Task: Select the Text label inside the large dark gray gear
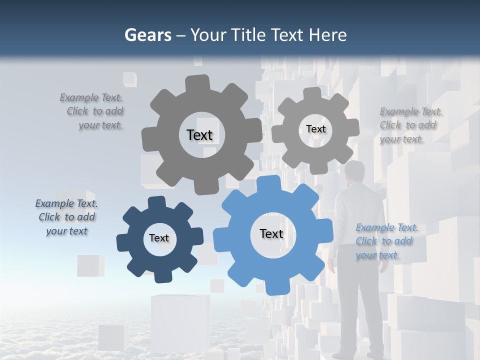(x=199, y=135)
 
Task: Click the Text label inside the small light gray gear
(x=315, y=129)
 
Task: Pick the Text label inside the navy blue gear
(x=159, y=238)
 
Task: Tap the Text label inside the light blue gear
(x=271, y=233)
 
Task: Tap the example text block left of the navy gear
(x=67, y=217)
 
